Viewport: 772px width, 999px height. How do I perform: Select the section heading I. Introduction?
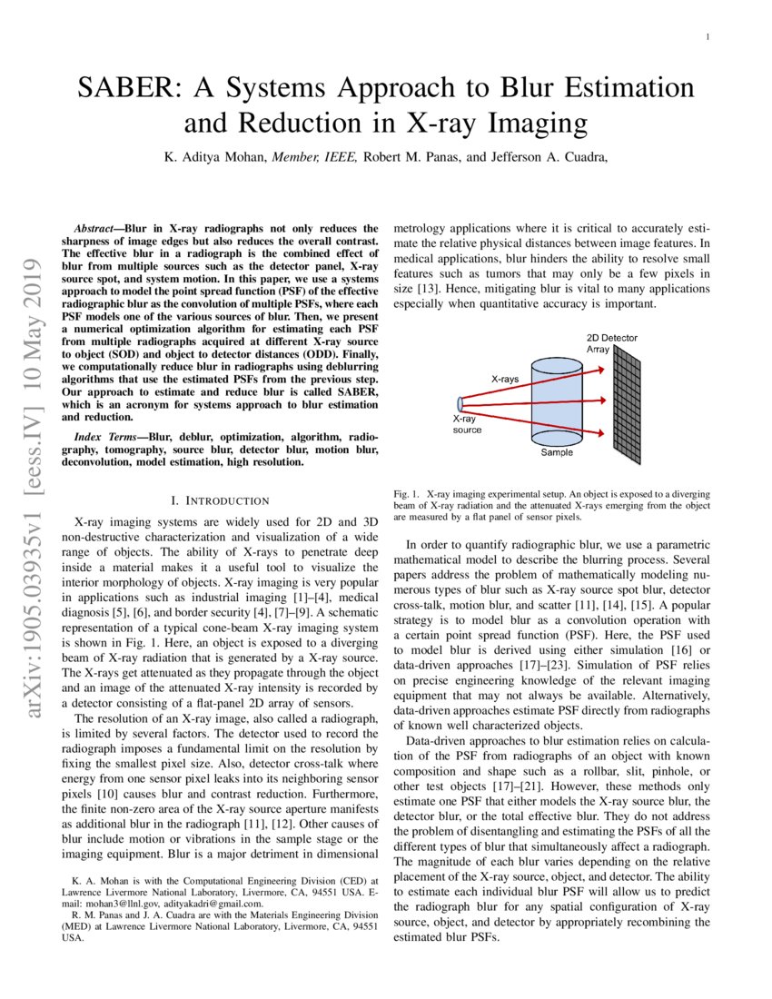[x=221, y=500]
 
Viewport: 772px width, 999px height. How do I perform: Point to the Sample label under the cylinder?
[x=557, y=452]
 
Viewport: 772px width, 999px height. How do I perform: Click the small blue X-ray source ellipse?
[x=461, y=402]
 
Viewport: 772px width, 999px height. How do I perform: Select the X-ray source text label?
[x=467, y=424]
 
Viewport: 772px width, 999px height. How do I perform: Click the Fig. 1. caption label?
[x=405, y=493]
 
